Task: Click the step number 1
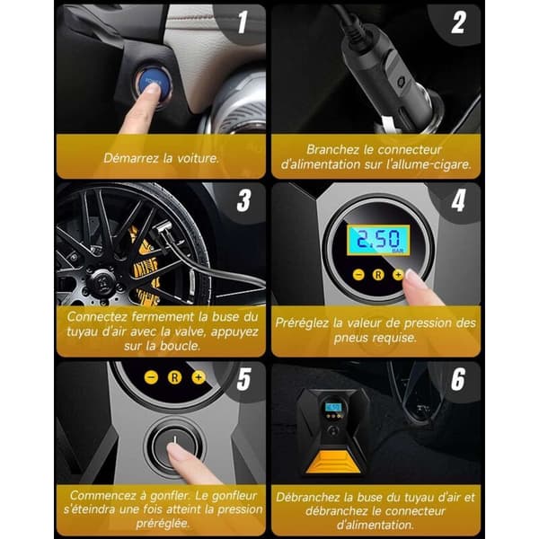pos(243,22)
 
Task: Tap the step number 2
pos(459,22)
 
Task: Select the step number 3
pos(243,200)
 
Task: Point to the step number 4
pos(459,200)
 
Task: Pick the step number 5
pos(243,379)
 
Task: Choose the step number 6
pos(458,379)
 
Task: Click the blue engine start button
pos(151,83)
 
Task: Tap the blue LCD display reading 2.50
pos(378,240)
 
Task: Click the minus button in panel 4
pos(358,275)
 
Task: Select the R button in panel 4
pos(378,275)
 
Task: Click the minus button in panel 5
pos(151,377)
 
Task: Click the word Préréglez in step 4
pos(302,323)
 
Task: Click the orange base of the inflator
pos(332,463)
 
